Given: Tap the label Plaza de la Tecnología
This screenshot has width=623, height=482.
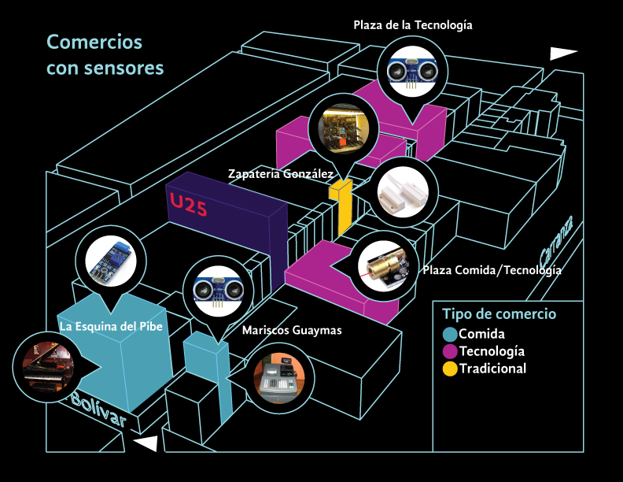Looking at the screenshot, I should click(413, 25).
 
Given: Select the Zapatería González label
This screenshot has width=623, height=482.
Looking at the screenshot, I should click(282, 174).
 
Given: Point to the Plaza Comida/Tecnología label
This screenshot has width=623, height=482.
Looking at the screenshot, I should click(492, 270).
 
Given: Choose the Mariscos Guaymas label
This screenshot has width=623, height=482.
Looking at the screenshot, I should click(292, 331).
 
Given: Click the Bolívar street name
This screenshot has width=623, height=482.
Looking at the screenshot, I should click(98, 409).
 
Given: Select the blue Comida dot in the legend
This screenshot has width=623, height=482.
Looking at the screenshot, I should click(450, 334).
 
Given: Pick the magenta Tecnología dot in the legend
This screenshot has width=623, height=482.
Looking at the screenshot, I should click(450, 351).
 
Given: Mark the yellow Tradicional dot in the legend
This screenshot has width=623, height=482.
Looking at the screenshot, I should click(450, 368).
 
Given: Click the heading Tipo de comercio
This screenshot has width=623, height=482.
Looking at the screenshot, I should click(499, 314).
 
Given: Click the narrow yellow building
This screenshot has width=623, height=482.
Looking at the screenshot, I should click(343, 207).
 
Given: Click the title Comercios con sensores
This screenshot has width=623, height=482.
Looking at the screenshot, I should click(105, 54).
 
